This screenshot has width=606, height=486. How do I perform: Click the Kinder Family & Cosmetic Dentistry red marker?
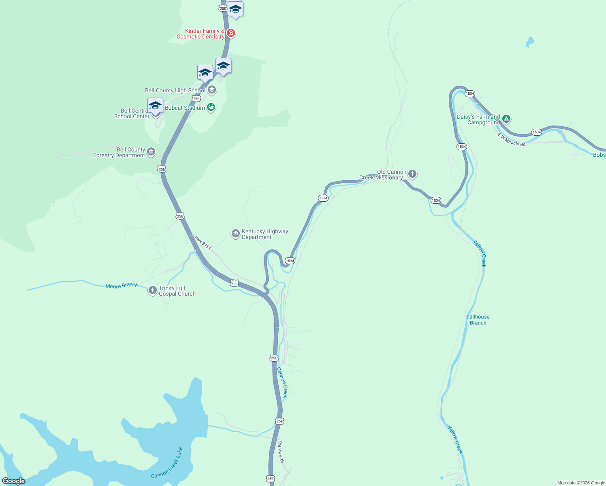pos(230,33)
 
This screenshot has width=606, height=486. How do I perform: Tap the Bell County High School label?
pos(175,91)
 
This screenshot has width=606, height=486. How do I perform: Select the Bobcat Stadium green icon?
pos(211,107)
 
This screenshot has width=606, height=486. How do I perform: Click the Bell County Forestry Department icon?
pos(151,152)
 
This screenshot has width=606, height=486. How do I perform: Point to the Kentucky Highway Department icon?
pos(235,234)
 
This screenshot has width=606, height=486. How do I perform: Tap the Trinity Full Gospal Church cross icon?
pos(152,290)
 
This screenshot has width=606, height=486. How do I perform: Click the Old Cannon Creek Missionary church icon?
pos(412,174)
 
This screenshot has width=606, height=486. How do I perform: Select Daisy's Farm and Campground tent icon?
pos(506,119)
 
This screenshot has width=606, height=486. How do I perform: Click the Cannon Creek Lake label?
pos(167,463)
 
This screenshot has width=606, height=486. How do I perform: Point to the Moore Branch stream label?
pos(122,286)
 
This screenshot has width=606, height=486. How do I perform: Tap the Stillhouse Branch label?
pos(478,320)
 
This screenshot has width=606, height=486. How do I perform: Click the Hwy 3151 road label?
pos(203,243)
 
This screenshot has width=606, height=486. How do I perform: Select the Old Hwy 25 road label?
pos(281,452)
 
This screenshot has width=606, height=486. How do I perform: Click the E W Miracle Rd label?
pos(511,140)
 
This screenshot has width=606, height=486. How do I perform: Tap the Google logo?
pos(14,481)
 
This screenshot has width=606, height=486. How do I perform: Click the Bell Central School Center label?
pos(132,113)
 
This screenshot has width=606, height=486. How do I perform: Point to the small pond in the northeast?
pos(529,42)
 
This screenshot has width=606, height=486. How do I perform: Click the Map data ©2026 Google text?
pos(581,483)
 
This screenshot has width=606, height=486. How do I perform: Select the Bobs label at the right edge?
pos(599,155)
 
